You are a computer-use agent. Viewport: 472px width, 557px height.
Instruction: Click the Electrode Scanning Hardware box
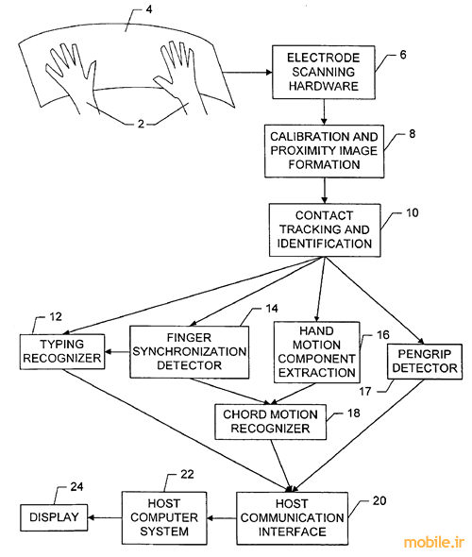point(324,72)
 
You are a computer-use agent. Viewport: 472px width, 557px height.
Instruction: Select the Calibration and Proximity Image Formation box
point(324,151)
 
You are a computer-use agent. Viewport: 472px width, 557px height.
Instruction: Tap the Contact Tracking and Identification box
point(325,229)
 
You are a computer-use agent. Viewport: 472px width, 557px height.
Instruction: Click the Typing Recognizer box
point(62,351)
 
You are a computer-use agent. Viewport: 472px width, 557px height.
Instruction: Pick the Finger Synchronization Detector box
point(190,352)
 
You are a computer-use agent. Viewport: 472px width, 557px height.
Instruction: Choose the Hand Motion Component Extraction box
point(317,352)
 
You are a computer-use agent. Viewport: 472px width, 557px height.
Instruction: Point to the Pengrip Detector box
point(425,362)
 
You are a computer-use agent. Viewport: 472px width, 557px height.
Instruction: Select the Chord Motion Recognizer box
point(270,422)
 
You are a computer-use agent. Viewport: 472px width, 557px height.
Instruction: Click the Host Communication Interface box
point(292,518)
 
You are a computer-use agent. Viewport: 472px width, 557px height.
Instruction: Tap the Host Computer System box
point(164,517)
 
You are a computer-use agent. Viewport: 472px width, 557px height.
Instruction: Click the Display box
point(54,517)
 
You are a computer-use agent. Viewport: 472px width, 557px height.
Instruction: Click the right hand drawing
point(180,76)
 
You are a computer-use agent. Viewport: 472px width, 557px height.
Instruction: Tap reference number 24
point(76,486)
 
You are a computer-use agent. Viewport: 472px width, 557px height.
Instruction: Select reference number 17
point(365,391)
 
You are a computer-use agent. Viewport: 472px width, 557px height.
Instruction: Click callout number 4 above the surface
point(149,9)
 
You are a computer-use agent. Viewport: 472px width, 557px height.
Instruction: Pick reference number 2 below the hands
point(141,124)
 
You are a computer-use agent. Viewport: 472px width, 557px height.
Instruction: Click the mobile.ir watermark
point(434,543)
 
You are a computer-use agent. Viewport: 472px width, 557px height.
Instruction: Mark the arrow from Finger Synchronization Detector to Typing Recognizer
point(118,352)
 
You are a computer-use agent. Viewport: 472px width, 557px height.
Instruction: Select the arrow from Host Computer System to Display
point(105,517)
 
